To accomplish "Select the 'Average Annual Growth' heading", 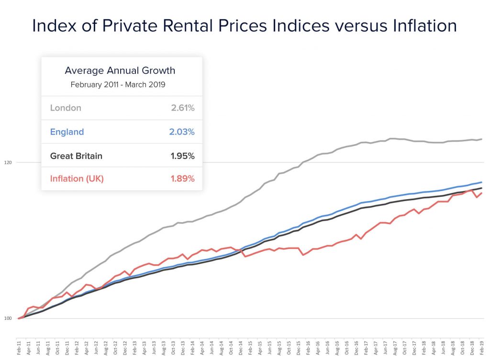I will point(120,71).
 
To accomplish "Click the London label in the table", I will point(66,108).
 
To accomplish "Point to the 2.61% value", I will point(183,108).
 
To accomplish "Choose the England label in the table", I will point(67,132).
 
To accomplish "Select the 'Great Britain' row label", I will point(76,156).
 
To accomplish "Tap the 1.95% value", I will point(183,156).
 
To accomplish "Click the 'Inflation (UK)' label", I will point(77,179).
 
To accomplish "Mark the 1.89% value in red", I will point(183,179).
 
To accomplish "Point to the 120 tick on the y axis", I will point(8,163).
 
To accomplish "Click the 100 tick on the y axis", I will point(8,318).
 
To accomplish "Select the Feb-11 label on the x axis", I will point(19,346).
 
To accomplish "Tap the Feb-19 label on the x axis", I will point(481,346).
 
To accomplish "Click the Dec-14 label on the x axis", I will point(240,346).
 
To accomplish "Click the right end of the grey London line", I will point(481,139).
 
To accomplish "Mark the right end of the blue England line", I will point(481,182).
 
